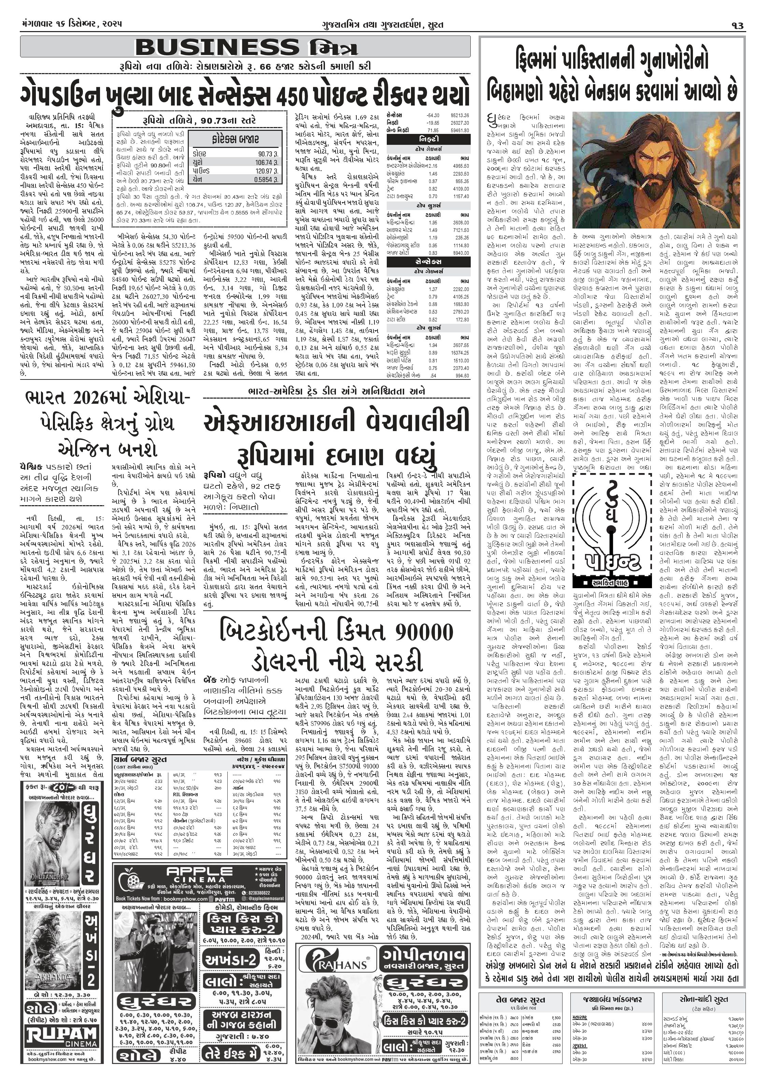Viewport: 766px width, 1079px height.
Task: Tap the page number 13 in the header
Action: (737, 26)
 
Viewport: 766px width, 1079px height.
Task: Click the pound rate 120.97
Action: (265, 171)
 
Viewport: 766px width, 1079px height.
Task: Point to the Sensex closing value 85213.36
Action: (459, 115)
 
